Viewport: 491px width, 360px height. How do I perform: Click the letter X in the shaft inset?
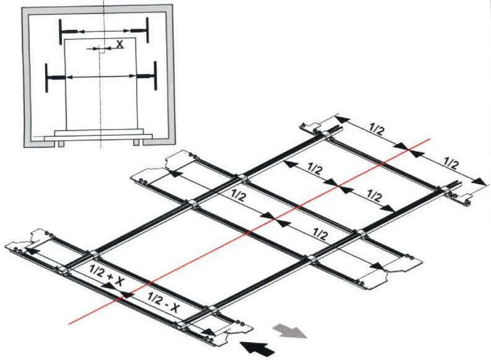pos(119,44)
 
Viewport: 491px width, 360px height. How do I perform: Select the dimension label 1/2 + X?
pos(106,275)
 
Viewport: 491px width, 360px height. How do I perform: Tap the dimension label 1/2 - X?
pos(163,302)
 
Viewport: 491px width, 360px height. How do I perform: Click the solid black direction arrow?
pos(257,348)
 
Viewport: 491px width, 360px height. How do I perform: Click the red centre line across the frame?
pos(250,231)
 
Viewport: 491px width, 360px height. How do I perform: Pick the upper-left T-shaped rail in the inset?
pos(67,32)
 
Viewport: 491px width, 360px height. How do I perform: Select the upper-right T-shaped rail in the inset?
pos(140,30)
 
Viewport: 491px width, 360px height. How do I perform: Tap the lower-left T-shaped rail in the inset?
pos(55,77)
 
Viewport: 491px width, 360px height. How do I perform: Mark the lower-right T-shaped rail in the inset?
pos(146,76)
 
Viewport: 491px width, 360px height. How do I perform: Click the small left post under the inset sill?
pos(61,144)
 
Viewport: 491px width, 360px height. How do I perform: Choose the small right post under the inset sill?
pos(136,143)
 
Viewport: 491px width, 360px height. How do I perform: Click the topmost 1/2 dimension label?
pos(376,128)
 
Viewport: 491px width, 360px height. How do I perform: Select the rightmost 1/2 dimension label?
pos(451,163)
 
